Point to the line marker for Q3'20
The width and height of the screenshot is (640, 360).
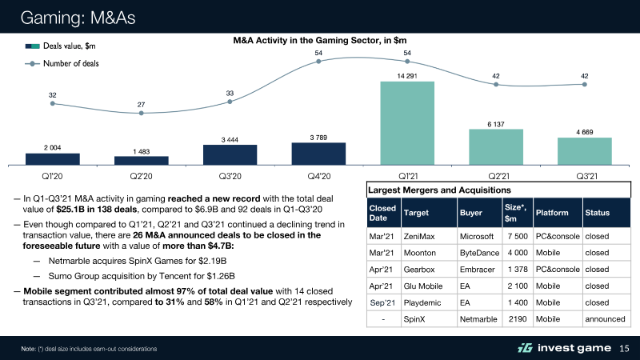[x=230, y=102]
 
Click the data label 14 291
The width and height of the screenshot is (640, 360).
[x=407, y=74]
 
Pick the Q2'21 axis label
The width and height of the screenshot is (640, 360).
[x=496, y=175]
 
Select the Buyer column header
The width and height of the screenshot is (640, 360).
[x=471, y=213]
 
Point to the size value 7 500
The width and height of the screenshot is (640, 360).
[x=515, y=236]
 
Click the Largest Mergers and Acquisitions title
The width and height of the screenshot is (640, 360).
[x=438, y=190]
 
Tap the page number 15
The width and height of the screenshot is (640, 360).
[x=625, y=347]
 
